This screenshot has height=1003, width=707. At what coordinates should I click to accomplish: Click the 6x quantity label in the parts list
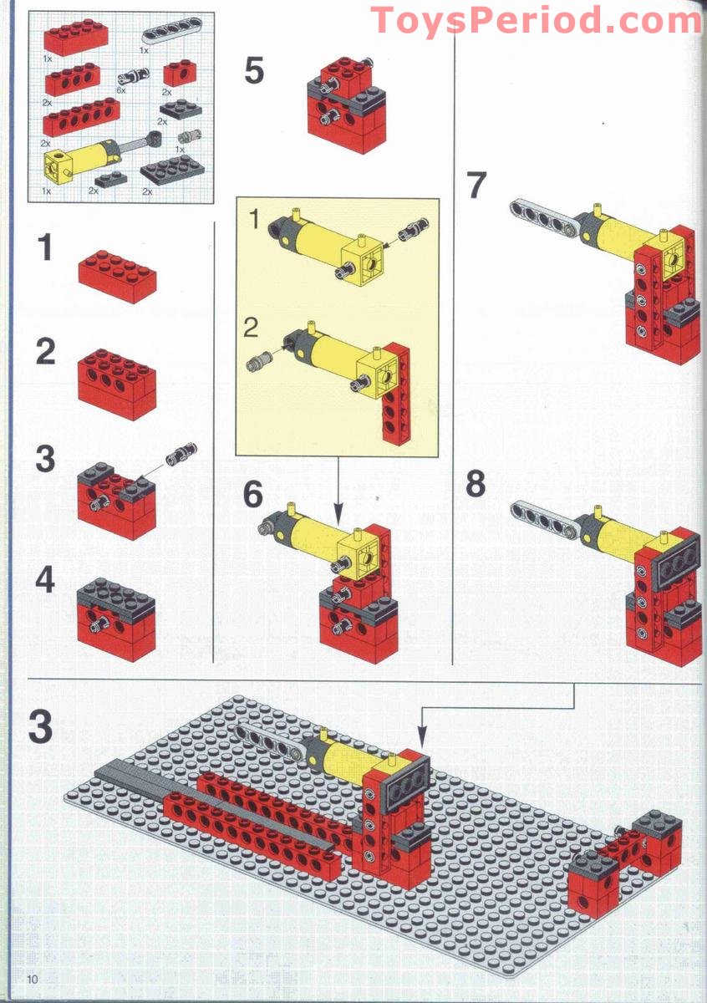coord(121,90)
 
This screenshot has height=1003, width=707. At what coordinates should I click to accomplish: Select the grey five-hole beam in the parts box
coord(172,33)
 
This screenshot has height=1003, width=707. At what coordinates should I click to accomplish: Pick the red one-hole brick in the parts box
coord(180,74)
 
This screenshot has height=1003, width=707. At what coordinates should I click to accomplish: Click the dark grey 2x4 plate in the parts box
coord(172,167)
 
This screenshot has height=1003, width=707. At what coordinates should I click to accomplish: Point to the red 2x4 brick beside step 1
coord(118,275)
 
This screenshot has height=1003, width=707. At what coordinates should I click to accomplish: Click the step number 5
coord(254,70)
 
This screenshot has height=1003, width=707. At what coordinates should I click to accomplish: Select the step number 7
coord(476,185)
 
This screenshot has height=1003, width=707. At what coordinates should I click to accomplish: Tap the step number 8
coord(476,484)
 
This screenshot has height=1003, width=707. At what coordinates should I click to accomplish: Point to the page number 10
coord(33,979)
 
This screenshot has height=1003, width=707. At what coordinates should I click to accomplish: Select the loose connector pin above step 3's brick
coord(180,454)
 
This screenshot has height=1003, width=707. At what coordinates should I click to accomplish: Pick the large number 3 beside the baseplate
coord(40,727)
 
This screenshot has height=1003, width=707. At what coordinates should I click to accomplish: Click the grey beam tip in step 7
coord(515,205)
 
